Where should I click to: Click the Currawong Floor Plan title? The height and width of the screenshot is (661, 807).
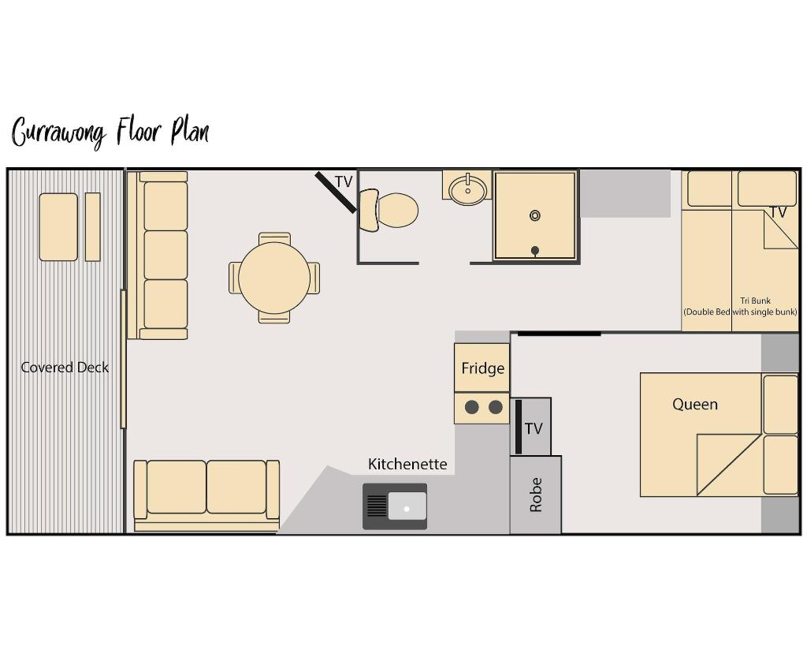(x=110, y=132)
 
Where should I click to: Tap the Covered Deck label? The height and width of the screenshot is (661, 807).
(x=65, y=368)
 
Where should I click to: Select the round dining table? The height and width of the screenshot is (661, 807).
(x=274, y=278)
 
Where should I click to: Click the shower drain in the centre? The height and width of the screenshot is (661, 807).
(x=535, y=215)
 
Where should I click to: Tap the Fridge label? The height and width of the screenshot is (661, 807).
(x=482, y=368)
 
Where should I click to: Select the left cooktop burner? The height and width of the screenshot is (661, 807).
(x=471, y=407)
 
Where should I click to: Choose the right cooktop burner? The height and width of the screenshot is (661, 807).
(x=496, y=407)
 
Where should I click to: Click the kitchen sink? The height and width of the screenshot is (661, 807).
(x=396, y=506)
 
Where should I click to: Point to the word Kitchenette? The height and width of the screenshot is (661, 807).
(x=407, y=464)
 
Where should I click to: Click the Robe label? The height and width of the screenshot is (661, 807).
(x=536, y=495)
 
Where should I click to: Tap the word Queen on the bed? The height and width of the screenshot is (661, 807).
(x=694, y=405)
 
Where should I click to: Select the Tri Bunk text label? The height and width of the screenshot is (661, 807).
(x=755, y=301)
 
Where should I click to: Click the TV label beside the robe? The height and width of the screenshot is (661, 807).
(x=534, y=428)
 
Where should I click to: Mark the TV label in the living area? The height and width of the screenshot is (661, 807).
(x=344, y=182)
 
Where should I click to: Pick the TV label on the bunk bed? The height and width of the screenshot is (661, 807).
(x=778, y=212)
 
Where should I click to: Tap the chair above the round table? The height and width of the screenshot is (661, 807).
(x=274, y=238)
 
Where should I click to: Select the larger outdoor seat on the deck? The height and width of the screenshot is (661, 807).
(x=58, y=226)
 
